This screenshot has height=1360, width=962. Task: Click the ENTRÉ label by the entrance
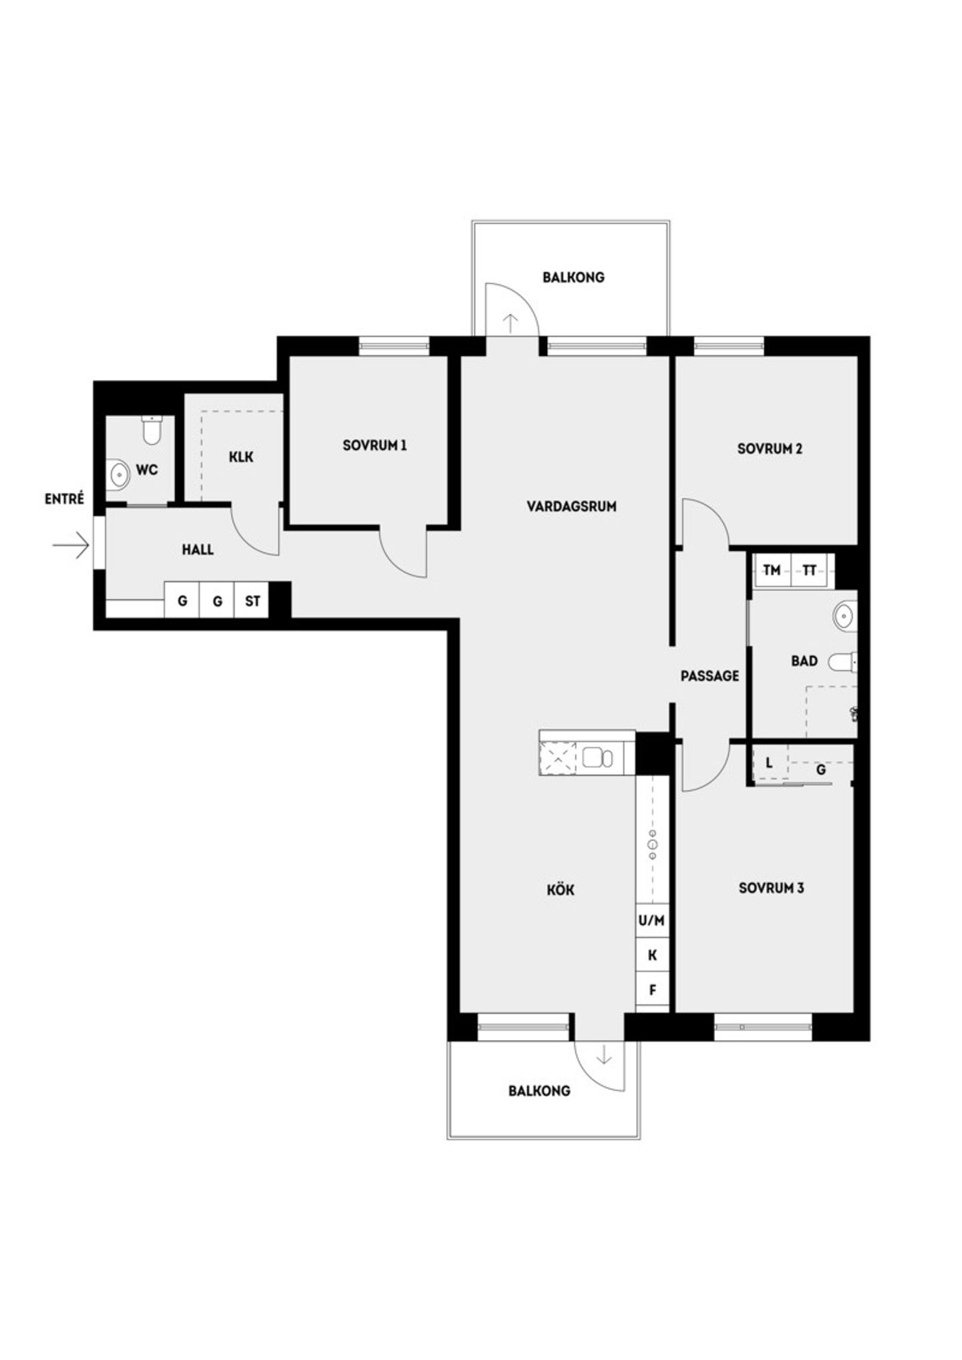[x=64, y=498]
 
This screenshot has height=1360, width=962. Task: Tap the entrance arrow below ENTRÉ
[x=71, y=544]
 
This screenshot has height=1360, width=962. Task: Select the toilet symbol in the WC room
[x=152, y=430]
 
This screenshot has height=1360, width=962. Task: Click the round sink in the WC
[x=120, y=475]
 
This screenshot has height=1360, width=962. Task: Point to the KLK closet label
[x=240, y=457]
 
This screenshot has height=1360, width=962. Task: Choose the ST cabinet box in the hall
[x=252, y=601]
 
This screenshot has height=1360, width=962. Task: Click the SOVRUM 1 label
[x=374, y=445]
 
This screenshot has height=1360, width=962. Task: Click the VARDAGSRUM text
[x=571, y=506]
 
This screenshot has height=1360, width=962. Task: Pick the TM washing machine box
[x=772, y=570]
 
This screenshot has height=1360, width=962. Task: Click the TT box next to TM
[x=809, y=570]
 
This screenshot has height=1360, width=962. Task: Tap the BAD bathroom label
[x=804, y=661]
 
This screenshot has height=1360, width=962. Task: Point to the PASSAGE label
[x=709, y=676]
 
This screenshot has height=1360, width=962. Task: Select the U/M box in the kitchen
[x=651, y=920]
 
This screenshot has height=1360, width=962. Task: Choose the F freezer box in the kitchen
[x=652, y=990]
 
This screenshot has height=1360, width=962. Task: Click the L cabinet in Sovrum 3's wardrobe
[x=769, y=763]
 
